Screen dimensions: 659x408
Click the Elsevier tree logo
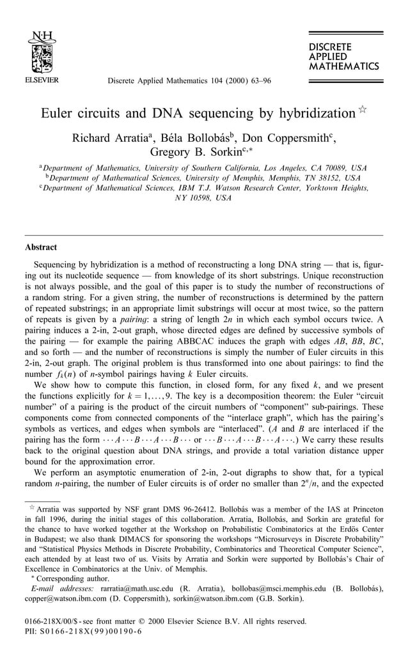coord(42,53)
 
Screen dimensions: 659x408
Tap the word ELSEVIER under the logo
coord(42,81)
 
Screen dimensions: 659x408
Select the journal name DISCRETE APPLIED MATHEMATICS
coord(343,56)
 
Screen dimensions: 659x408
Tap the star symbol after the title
coord(362,110)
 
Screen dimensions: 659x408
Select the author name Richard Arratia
coord(113,139)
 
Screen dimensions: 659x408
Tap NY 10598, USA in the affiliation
coord(203,198)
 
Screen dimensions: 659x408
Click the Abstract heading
coord(41,247)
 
